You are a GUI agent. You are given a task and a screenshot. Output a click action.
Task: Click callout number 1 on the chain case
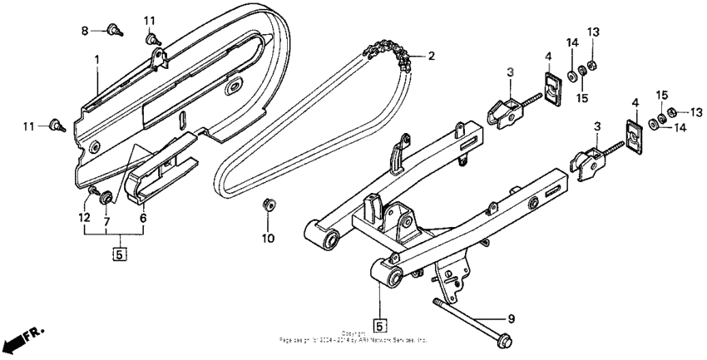tap(96, 60)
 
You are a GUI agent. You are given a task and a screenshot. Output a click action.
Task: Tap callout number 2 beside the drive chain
tap(431, 57)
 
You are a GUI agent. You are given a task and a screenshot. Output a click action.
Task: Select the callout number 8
tap(84, 31)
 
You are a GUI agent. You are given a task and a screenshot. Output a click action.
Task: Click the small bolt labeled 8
tap(112, 32)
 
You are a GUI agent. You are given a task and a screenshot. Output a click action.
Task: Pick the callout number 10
tap(268, 239)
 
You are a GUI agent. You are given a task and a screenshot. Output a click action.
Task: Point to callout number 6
tap(142, 217)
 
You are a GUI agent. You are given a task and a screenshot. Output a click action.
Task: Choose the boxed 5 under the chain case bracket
tap(118, 254)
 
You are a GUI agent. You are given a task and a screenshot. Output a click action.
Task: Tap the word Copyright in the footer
tap(353, 333)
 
